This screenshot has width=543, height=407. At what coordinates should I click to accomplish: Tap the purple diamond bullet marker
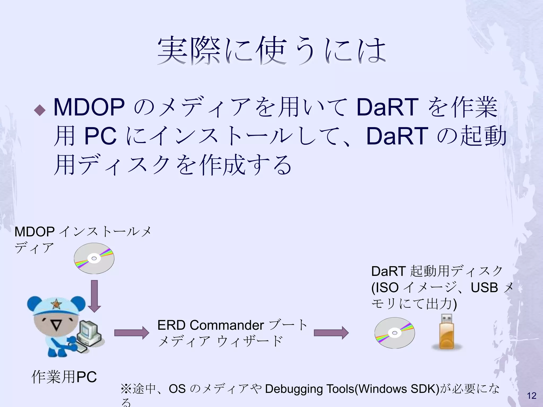pos(40,110)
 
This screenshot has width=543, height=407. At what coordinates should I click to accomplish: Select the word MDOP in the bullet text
pos(89,107)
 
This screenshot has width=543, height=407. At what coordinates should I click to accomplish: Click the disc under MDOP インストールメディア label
pos(94,258)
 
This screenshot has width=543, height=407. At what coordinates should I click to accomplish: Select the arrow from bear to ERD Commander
pos(132,333)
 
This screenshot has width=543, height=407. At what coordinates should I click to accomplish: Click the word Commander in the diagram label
pos(227,325)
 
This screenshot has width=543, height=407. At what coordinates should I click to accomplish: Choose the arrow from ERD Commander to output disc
pos(331,333)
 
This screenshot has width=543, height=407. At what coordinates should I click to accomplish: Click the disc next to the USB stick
pos(395,333)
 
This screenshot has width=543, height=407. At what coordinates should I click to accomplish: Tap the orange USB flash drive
pos(447,333)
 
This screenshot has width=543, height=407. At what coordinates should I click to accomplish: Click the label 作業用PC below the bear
pos(64,377)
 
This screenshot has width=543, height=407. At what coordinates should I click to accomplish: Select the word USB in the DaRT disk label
pos(484,287)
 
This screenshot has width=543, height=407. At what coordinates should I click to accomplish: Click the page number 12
pos(532,396)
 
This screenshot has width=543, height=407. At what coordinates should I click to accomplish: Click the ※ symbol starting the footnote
pos(126,389)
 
